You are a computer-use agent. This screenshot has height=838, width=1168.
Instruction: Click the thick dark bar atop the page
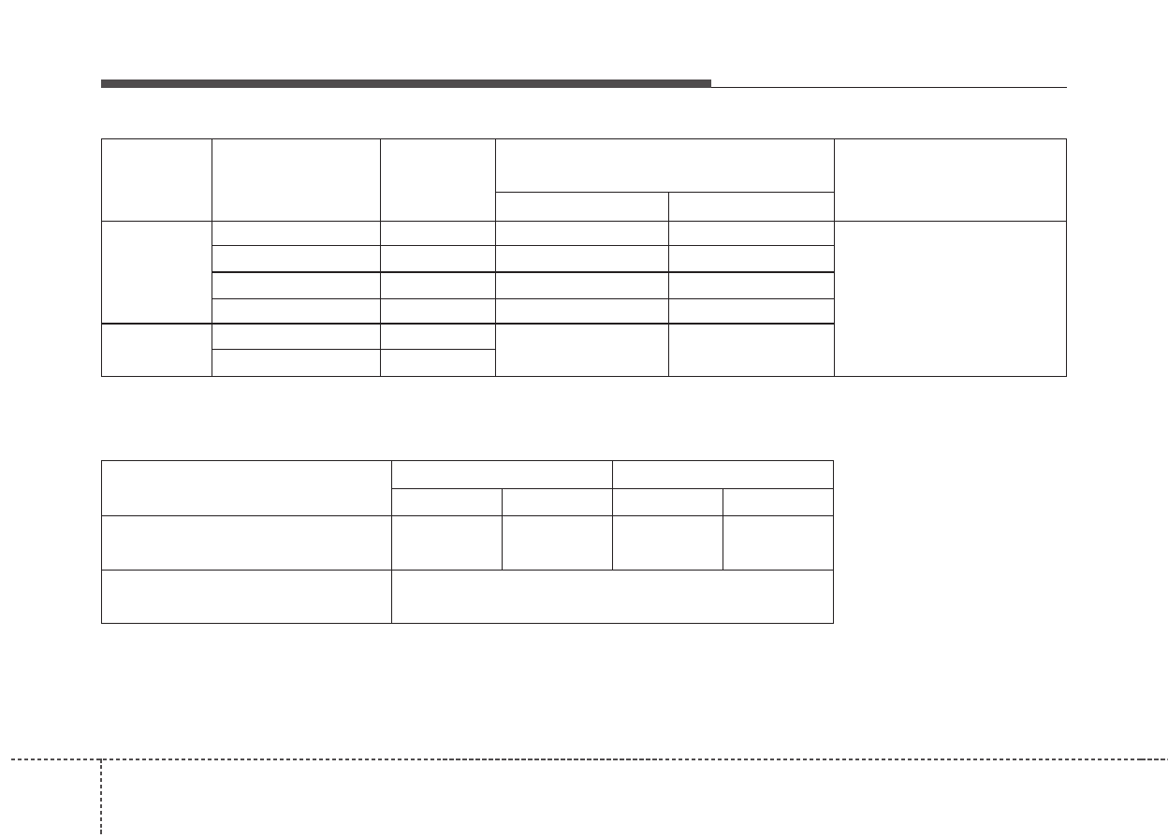click(405, 83)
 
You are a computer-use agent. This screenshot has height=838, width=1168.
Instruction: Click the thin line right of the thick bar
click(888, 87)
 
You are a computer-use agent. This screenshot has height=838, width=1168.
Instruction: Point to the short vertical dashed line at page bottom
click(101, 795)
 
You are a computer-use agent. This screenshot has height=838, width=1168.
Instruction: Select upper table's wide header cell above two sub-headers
click(664, 166)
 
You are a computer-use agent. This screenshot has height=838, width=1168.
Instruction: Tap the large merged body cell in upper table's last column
click(950, 298)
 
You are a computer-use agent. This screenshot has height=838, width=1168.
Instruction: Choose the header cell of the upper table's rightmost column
click(950, 180)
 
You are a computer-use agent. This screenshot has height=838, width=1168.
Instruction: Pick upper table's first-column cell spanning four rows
click(156, 272)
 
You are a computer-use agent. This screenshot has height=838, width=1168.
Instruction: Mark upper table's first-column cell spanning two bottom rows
click(156, 350)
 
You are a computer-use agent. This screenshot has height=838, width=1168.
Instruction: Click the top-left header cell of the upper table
click(156, 180)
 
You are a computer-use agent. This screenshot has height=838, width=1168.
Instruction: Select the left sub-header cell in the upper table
click(581, 206)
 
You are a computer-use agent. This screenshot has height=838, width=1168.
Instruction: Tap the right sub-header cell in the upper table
click(751, 206)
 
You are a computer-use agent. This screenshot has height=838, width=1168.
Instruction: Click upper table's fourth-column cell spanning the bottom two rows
click(581, 350)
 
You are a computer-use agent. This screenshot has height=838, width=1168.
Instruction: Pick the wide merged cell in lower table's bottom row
click(612, 596)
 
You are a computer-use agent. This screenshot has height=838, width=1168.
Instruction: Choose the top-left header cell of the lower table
click(246, 487)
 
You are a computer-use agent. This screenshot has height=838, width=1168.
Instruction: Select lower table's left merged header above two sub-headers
click(502, 474)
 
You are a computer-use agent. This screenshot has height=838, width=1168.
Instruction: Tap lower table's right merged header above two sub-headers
click(723, 474)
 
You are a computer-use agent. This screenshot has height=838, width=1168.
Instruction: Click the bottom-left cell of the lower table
click(246, 596)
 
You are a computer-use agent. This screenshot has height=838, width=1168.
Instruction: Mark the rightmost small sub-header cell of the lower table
click(778, 501)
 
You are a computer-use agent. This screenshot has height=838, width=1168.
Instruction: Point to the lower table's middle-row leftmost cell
click(246, 542)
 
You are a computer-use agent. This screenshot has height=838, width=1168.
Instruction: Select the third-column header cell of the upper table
click(437, 180)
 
